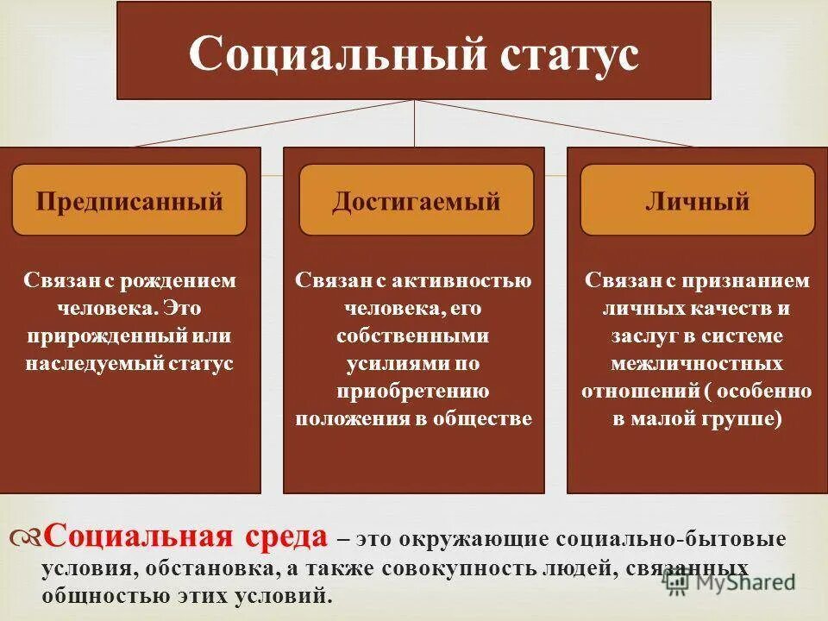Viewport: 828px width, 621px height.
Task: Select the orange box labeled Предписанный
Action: [129, 202]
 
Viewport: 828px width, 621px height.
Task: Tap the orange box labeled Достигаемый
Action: [417, 202]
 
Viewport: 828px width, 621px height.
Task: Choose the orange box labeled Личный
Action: [697, 202]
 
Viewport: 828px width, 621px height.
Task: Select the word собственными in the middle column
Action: [414, 336]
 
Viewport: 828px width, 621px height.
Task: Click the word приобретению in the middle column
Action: [414, 392]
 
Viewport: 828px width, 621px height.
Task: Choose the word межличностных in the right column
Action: [697, 364]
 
